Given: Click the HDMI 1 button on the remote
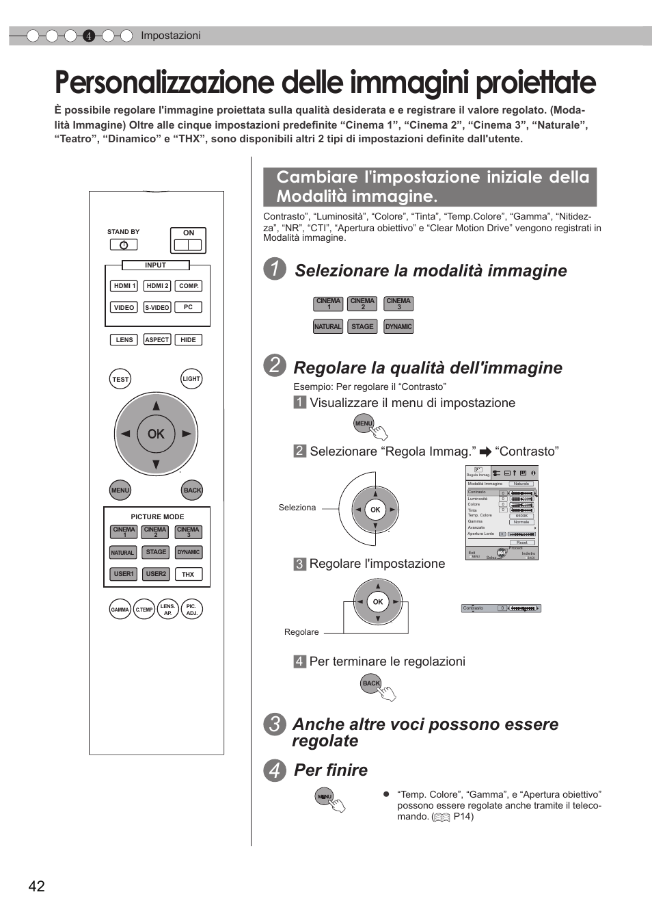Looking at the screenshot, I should click(124, 286).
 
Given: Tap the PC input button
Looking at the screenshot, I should click(188, 307).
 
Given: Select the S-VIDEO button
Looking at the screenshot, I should click(157, 308).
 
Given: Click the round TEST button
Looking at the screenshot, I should click(120, 379).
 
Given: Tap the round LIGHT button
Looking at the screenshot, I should click(191, 379).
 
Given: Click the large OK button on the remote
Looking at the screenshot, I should click(156, 434).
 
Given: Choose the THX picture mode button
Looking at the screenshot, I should click(188, 575).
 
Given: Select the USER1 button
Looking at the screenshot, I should click(124, 574).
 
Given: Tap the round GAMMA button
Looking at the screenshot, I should click(120, 610).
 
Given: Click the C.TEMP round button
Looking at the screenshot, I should click(144, 610).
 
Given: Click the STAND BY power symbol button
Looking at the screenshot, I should click(124, 245).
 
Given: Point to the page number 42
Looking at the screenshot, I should click(37, 887).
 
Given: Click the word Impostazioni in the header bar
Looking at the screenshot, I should click(171, 36).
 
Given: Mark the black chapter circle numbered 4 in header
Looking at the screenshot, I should click(89, 36).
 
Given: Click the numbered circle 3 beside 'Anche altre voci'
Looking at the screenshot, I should click(275, 724).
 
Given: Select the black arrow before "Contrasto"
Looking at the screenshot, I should click(485, 452).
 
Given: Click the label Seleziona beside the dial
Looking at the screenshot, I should click(297, 508).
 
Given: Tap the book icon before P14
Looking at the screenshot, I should click(442, 817).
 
